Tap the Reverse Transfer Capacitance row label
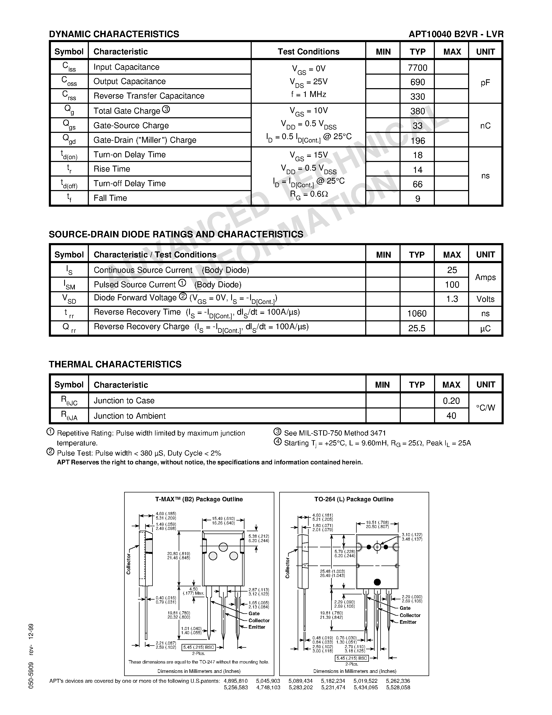(x=149, y=96)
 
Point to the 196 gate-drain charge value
(x=418, y=141)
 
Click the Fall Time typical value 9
(x=418, y=199)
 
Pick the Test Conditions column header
(x=308, y=52)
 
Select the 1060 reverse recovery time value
(x=417, y=314)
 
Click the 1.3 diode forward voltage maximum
(x=452, y=299)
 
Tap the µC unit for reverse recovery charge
(x=485, y=328)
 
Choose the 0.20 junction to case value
(x=451, y=401)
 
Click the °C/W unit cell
(x=485, y=408)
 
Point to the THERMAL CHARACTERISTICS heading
(x=115, y=364)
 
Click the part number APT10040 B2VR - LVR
(x=456, y=34)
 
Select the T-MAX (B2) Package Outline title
(x=199, y=499)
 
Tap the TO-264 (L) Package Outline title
(x=354, y=499)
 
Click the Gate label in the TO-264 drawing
(x=405, y=608)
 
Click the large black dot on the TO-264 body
(x=377, y=582)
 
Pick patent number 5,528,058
(x=398, y=687)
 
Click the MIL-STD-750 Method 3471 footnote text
(x=335, y=433)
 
